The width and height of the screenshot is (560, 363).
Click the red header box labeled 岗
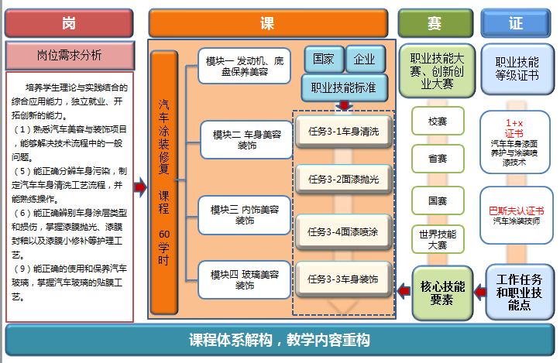click(x=70, y=23)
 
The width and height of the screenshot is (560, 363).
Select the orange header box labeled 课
click(x=267, y=23)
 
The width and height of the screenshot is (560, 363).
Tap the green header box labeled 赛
click(x=435, y=23)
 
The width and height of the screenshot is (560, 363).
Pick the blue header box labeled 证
click(x=516, y=23)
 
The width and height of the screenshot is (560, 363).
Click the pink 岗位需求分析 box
click(x=70, y=55)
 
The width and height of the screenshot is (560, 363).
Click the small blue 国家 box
click(x=325, y=59)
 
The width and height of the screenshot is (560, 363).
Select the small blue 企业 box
click(x=364, y=59)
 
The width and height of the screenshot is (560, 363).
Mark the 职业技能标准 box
click(x=344, y=87)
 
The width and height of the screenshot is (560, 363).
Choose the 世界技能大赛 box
click(x=437, y=238)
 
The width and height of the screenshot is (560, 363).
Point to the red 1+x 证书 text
click(x=514, y=128)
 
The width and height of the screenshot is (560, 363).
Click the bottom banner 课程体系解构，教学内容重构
click(x=280, y=340)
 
